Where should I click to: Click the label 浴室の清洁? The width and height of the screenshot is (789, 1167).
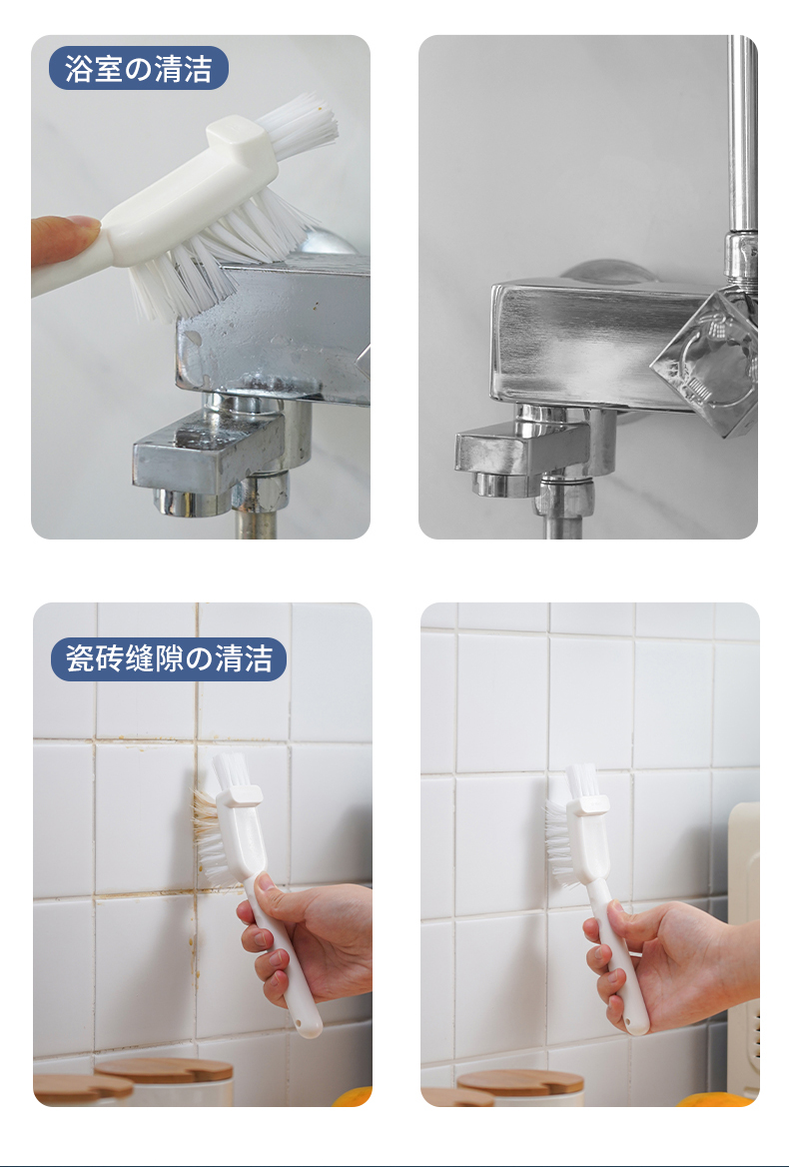(138, 69)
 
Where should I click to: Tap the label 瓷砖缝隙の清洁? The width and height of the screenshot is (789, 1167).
(169, 658)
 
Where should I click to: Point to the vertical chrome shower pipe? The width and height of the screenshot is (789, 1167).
(741, 134)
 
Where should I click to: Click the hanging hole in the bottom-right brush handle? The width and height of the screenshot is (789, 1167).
(635, 1021)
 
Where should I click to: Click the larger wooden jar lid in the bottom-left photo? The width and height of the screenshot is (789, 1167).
(165, 1069)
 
